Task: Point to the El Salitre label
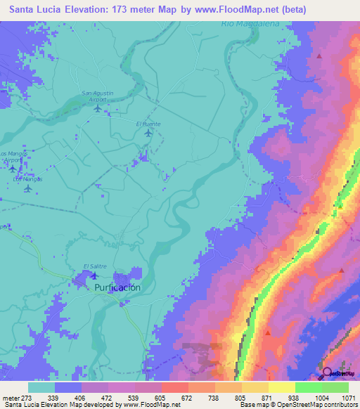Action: (x=95, y=265)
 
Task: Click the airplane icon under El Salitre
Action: (x=94, y=275)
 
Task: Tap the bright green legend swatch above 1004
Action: (x=309, y=387)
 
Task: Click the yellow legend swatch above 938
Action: (x=282, y=387)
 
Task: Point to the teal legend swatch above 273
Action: (x=41, y=387)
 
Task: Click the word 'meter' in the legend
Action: (x=10, y=397)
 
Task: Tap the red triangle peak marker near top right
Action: (x=319, y=56)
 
